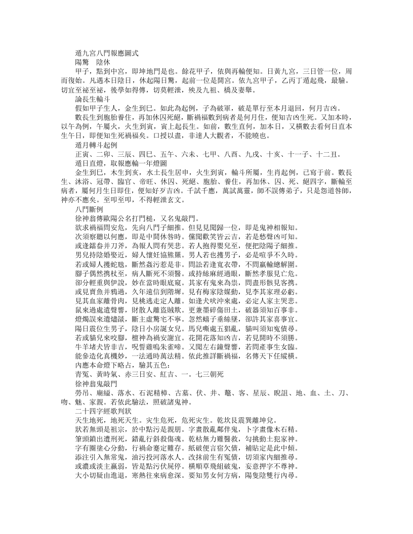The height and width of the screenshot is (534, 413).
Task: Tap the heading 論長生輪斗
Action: pos(93,101)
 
